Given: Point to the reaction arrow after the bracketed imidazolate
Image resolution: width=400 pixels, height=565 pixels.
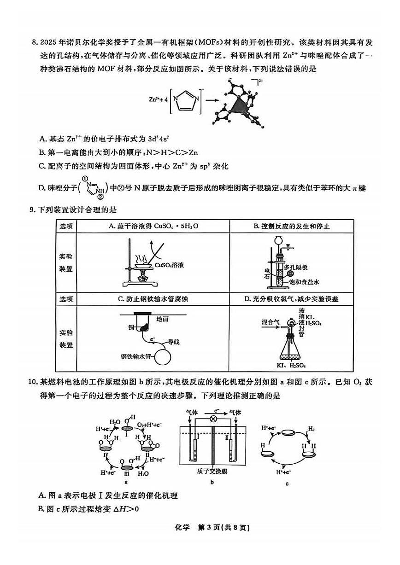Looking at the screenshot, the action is [212, 99].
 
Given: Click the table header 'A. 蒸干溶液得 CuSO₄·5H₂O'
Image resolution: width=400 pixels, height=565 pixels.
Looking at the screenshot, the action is [153, 226].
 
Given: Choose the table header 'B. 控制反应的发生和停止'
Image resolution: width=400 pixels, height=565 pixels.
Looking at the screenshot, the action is [292, 226].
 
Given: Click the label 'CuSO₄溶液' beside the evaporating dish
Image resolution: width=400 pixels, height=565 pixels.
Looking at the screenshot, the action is [169, 265].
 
